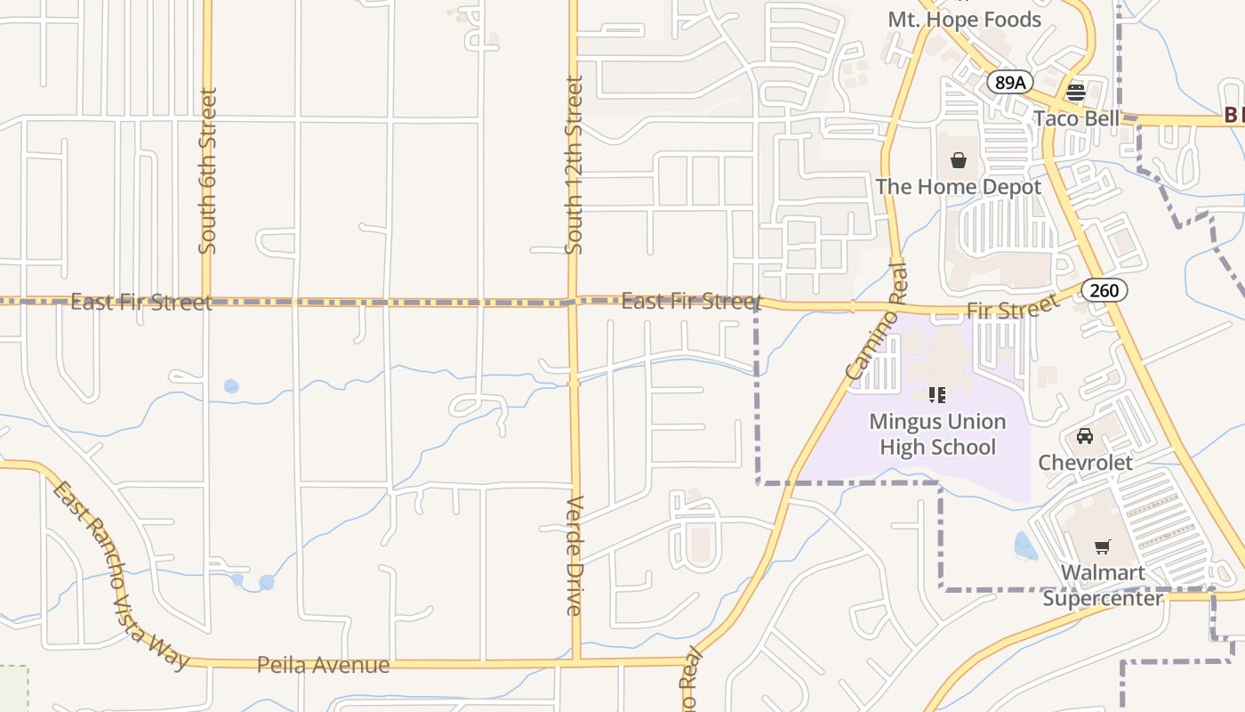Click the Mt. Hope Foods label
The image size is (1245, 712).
[964, 20]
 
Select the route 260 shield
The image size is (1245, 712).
[1105, 290]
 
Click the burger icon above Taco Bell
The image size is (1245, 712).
[1076, 92]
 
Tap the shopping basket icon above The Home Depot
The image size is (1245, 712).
[959, 161]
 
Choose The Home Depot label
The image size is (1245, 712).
[959, 187]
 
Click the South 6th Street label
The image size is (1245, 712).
[208, 170]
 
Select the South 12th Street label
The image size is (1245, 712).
[574, 166]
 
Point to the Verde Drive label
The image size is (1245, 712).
[574, 555]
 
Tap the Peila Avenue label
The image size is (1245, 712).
[323, 665]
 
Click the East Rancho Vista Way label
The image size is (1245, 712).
[119, 576]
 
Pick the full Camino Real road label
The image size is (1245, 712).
[878, 321]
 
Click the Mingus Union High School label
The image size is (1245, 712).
[937, 434]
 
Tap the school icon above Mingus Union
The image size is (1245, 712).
[936, 394]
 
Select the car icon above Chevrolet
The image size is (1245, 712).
[1085, 436]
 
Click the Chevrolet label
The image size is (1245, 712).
[1085, 463]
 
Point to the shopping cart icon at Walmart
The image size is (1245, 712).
[1103, 546]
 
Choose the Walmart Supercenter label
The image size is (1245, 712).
[1103, 585]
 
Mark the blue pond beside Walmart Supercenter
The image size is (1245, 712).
[1025, 546]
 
